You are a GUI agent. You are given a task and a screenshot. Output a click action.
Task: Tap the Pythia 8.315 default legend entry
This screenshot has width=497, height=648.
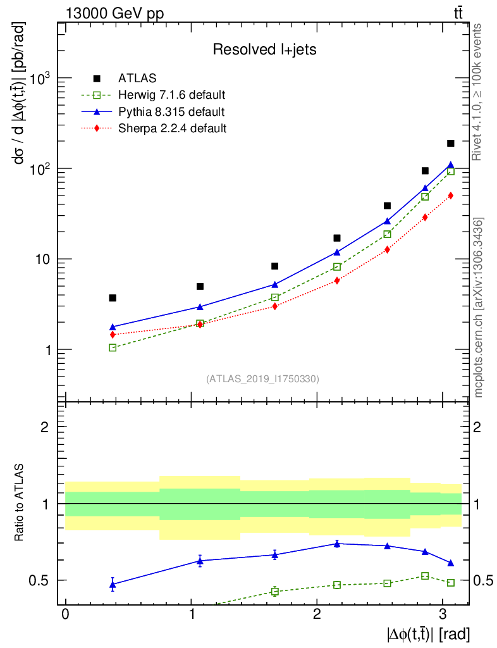point(171,112)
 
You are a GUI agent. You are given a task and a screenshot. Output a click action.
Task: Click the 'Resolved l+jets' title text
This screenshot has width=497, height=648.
point(264,49)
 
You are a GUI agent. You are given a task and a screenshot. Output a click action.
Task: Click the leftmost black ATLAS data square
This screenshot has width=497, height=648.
point(113,297)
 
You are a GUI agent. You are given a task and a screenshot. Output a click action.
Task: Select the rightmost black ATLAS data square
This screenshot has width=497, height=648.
point(451,144)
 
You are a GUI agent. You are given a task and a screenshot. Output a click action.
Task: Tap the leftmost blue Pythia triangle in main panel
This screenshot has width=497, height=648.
point(113,327)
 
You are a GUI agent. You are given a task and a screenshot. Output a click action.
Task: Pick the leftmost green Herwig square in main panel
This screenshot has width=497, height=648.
point(113,347)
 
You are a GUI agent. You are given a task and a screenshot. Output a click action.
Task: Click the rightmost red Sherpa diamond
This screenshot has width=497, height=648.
point(451,196)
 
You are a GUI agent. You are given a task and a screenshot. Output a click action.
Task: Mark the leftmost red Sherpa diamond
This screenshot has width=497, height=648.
point(113,334)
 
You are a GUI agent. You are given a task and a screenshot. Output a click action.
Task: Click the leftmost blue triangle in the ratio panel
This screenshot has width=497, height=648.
point(113,585)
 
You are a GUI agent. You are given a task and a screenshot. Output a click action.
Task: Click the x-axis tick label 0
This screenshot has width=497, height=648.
point(65,614)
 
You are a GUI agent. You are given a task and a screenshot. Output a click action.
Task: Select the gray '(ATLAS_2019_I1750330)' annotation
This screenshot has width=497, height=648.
point(262,379)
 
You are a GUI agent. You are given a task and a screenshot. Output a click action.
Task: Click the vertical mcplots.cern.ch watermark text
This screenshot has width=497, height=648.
point(479,307)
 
